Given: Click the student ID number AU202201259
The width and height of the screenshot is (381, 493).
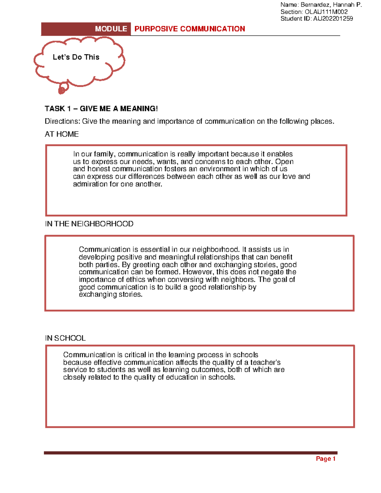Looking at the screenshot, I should tap(333, 19).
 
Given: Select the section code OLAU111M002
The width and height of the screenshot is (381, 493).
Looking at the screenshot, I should tap(326, 12).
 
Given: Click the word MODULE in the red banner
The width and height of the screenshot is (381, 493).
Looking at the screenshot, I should tap(111, 29).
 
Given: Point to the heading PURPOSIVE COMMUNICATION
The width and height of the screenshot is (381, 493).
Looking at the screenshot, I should tap(190, 29).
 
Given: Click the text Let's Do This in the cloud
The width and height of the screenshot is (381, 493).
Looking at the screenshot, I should tap(76, 57).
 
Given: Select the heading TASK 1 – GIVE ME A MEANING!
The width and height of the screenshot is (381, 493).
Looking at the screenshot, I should tap(101, 109).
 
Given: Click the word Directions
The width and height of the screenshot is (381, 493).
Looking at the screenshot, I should tap(62, 121).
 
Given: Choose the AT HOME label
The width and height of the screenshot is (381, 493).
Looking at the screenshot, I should tap(62, 134).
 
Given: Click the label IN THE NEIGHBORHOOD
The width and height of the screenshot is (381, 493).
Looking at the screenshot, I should tap(89, 224).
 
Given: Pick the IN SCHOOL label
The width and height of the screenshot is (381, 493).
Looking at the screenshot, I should tap(65, 338).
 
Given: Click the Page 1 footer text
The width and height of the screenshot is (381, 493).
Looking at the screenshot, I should tap(326, 459).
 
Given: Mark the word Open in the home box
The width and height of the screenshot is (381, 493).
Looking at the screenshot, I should tap(284, 162).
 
